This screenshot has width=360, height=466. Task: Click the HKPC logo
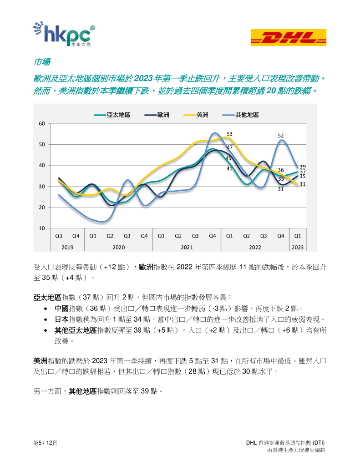(x=64, y=34)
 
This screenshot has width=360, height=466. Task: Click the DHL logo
(x=289, y=37)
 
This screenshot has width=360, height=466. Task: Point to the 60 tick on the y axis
(x=41, y=124)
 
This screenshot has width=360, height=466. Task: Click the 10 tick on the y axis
(x=41, y=228)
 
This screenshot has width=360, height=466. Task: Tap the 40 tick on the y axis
(x=41, y=166)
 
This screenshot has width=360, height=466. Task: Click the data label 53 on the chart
(x=229, y=134)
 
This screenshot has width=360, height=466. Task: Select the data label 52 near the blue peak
(x=281, y=136)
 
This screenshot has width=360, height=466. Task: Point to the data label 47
(x=229, y=147)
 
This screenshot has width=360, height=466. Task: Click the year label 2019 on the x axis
(x=67, y=247)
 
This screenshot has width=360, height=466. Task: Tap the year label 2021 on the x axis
(x=187, y=247)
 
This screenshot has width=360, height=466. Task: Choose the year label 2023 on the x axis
(x=298, y=247)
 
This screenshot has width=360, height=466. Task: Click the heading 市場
(x=42, y=62)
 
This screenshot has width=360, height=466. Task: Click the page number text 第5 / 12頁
(x=45, y=443)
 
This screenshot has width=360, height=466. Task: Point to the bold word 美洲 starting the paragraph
(x=40, y=361)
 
